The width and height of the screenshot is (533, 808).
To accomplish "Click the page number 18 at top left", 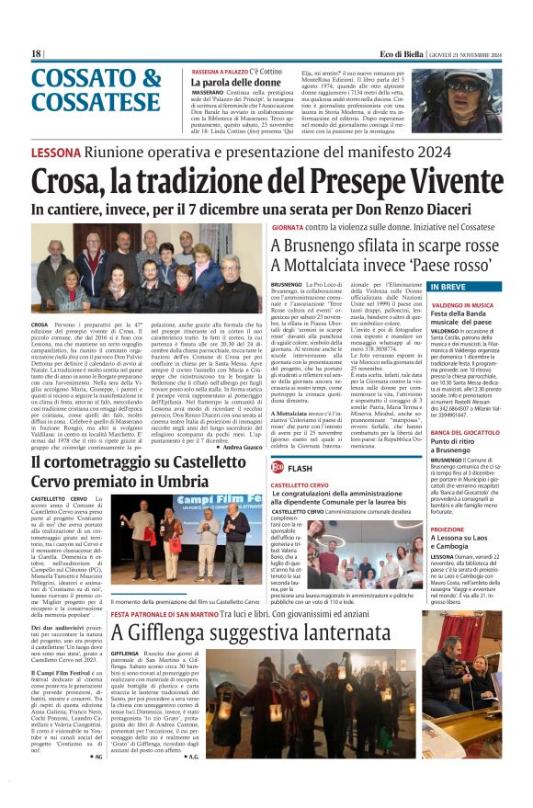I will click(37, 54).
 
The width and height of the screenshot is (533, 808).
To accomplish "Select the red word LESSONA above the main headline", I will click(56, 152).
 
